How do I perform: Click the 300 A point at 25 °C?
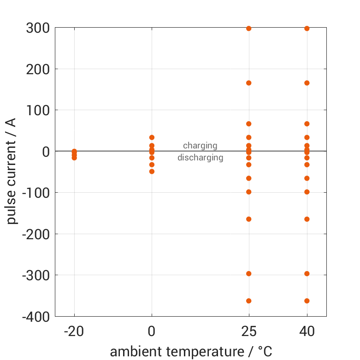tap(249, 29)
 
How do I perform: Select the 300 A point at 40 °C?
tap(307, 29)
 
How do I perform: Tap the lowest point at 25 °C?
tap(249, 301)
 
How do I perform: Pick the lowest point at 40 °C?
tap(307, 301)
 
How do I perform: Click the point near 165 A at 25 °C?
tap(249, 83)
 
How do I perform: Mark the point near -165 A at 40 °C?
tap(307, 219)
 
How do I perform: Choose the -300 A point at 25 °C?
tap(249, 273)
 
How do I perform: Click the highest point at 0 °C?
tap(152, 137)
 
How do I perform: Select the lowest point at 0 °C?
tap(152, 171)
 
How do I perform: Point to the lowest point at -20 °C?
tap(74, 158)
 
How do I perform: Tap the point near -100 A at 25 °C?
tap(249, 192)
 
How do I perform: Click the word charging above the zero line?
tap(200, 146)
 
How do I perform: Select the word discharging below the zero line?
tap(200, 158)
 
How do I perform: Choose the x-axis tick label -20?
tap(74, 332)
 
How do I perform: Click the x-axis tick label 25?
tap(249, 332)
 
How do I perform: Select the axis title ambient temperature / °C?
tap(191, 352)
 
